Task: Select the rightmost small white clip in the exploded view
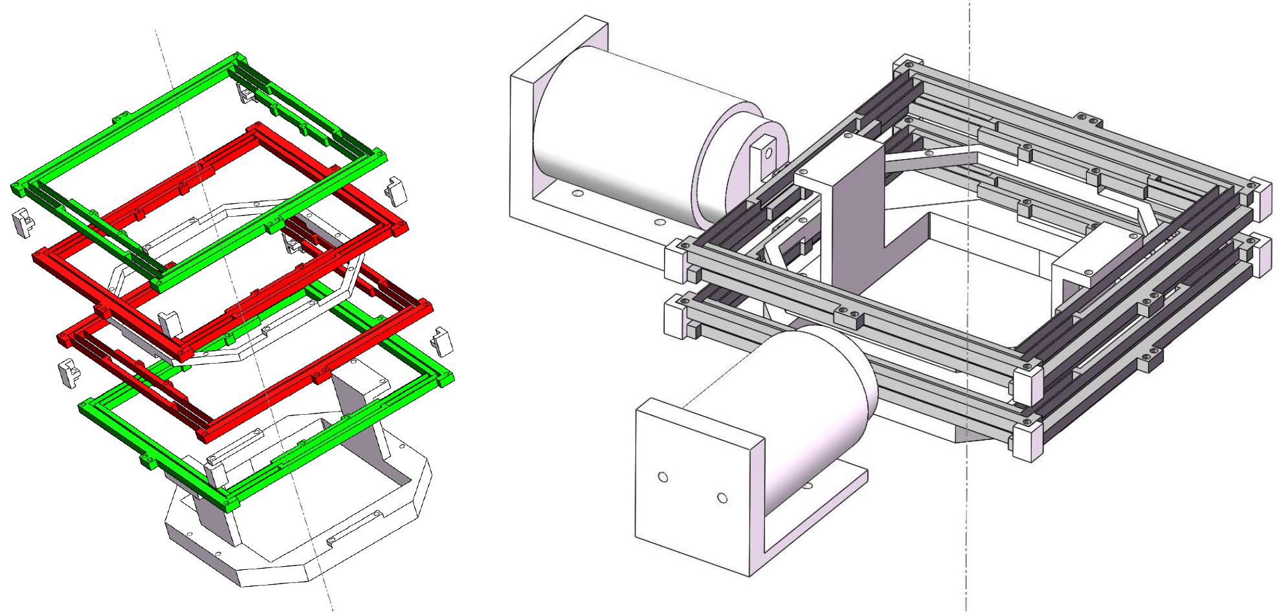point(441,341)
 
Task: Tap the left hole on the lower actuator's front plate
point(663,477)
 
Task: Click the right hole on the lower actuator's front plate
point(722,498)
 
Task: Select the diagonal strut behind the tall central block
point(932,159)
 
